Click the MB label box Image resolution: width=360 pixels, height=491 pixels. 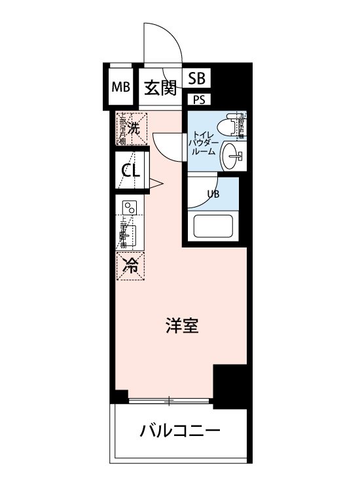120,87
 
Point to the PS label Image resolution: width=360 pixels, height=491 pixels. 197,100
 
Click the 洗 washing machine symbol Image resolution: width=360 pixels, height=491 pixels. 133,128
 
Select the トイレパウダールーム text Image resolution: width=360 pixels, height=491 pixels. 202,142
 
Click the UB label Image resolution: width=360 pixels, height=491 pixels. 213,194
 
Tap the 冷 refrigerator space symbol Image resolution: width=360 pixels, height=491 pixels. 132,265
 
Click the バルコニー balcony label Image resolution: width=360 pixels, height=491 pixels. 179,431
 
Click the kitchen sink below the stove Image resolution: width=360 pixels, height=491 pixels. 132,234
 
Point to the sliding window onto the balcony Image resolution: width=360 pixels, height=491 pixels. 170,399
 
